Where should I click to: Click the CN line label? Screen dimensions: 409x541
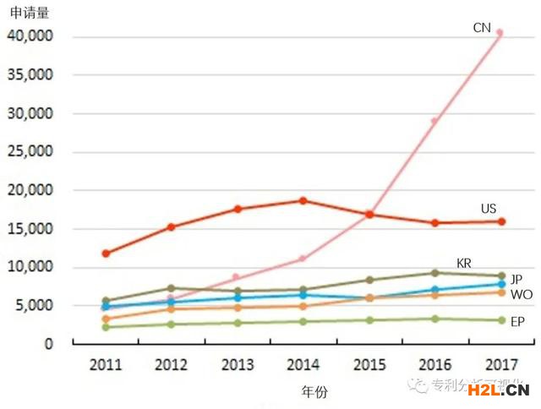coord(482,28)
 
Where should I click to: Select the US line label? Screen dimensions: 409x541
coord(489,209)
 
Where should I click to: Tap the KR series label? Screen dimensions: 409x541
coord(464,263)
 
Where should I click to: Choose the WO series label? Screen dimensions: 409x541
coord(521,294)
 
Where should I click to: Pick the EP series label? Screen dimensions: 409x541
coord(517,322)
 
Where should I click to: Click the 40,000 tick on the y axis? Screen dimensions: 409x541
coord(30,36)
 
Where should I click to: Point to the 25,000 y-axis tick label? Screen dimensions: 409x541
coord(30,152)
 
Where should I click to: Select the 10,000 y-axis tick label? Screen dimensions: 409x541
coord(30,268)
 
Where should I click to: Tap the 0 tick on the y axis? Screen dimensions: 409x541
coord(49,345)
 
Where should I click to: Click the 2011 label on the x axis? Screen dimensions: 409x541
coord(106,365)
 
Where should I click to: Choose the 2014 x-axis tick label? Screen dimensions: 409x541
coord(303,365)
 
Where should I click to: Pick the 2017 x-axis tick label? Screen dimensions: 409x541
coord(500,365)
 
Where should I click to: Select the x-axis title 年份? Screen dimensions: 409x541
coord(314,392)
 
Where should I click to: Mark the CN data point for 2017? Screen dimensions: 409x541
coord(500,33)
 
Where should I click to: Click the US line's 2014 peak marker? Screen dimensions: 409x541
coord(303,201)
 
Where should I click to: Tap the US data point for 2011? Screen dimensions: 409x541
coord(106,254)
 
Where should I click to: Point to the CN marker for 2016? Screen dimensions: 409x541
coord(434,121)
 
